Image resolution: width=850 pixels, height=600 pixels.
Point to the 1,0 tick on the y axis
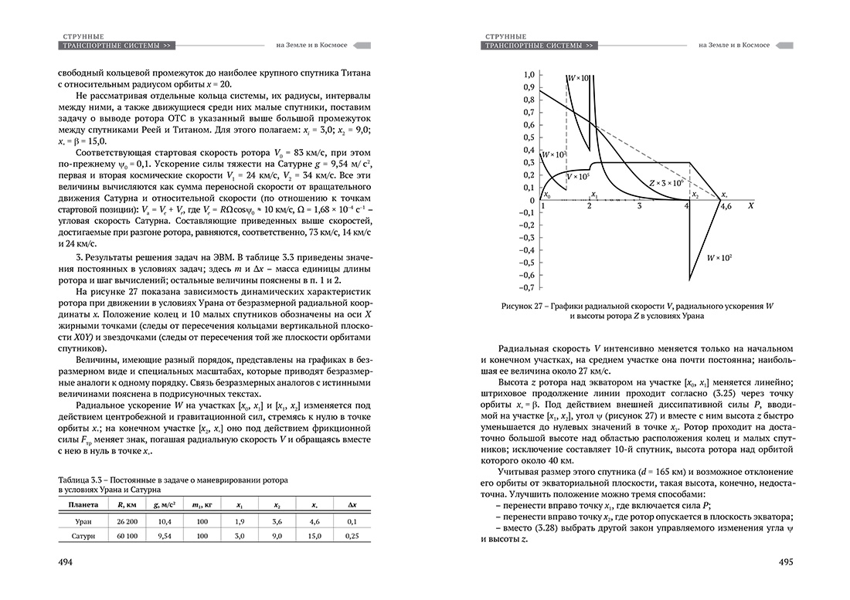click(529, 75)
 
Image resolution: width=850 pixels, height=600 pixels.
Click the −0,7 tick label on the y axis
click(527, 288)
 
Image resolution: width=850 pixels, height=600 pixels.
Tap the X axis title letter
click(751, 207)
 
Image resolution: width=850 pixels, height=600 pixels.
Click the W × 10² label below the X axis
click(719, 256)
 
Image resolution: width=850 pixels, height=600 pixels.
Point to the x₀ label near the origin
click(547, 195)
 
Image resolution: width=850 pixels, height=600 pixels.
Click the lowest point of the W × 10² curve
click(690, 280)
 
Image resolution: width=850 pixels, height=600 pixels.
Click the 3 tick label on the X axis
click(639, 207)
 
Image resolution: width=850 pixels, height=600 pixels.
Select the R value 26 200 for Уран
click(127, 522)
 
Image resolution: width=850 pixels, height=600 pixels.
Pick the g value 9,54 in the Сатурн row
click(164, 534)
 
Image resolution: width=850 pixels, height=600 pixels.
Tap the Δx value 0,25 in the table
click(352, 534)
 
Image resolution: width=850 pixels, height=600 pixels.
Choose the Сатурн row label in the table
click(83, 534)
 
